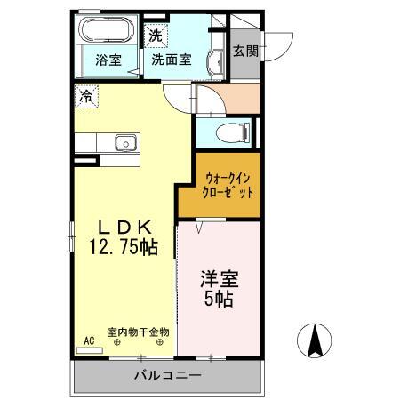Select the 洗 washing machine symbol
click(156, 36)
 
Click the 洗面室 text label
click(171, 61)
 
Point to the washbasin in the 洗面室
click(214, 62)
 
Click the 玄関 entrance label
click(245, 51)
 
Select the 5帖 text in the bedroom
click(219, 300)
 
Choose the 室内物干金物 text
click(140, 332)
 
